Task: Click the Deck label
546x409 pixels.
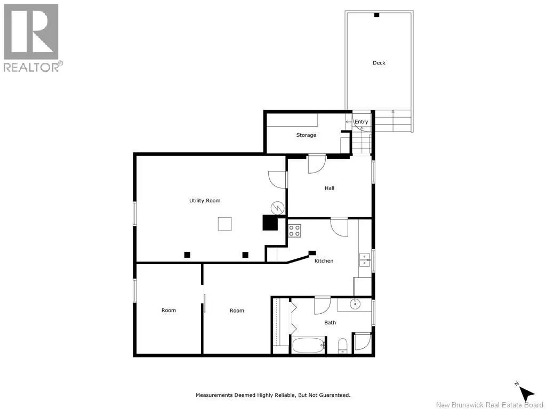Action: click(379, 63)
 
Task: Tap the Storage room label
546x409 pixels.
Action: click(306, 135)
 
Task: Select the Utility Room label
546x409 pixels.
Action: click(205, 200)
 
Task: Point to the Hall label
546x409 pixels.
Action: click(330, 188)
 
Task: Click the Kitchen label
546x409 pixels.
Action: click(324, 260)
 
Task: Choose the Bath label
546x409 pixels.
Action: click(330, 322)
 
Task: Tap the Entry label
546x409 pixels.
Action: click(361, 122)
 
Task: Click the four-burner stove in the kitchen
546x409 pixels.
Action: click(294, 231)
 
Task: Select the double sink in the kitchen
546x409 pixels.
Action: click(365, 260)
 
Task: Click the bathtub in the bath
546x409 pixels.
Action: click(309, 345)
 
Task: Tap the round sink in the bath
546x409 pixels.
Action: click(355, 304)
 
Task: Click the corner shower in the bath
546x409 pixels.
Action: click(363, 342)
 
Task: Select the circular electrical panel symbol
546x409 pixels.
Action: click(277, 208)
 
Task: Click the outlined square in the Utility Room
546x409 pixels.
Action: click(225, 224)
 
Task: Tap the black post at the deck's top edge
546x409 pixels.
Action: click(377, 15)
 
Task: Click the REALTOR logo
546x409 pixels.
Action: click(33, 38)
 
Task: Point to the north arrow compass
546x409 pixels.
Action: click(526, 392)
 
